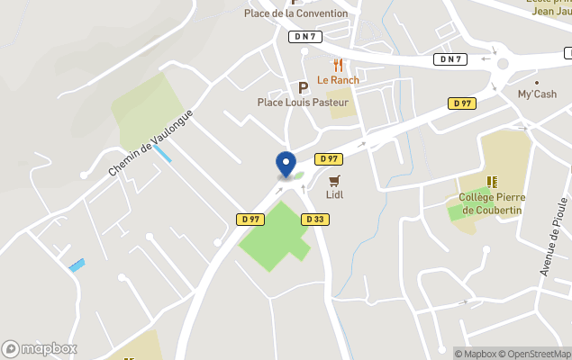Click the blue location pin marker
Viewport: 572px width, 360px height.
pyautogui.click(x=286, y=164)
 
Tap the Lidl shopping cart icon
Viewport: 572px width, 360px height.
pyautogui.click(x=334, y=181)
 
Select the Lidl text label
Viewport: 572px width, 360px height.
pyautogui.click(x=334, y=194)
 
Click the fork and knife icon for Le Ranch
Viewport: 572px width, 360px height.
pyautogui.click(x=339, y=66)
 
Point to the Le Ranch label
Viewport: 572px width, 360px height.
pyautogui.click(x=338, y=80)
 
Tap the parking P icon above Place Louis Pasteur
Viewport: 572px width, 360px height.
pyautogui.click(x=303, y=87)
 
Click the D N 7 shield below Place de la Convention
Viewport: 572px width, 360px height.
pyautogui.click(x=304, y=36)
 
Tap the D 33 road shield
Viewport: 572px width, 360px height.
pyautogui.click(x=314, y=219)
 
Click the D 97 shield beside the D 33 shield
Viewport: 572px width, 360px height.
pyautogui.click(x=251, y=219)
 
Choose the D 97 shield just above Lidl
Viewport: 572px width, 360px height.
pyautogui.click(x=329, y=159)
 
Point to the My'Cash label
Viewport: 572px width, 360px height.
pyautogui.click(x=537, y=94)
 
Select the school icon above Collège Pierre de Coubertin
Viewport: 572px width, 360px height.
pyautogui.click(x=492, y=183)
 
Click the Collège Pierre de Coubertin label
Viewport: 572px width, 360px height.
pyautogui.click(x=492, y=203)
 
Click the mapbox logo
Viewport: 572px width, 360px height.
pyautogui.click(x=40, y=348)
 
